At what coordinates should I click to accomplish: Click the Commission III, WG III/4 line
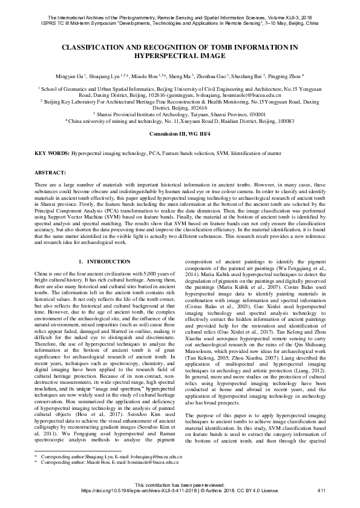click(x=180, y=132)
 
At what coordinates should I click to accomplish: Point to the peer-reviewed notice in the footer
click(x=180, y=485)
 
